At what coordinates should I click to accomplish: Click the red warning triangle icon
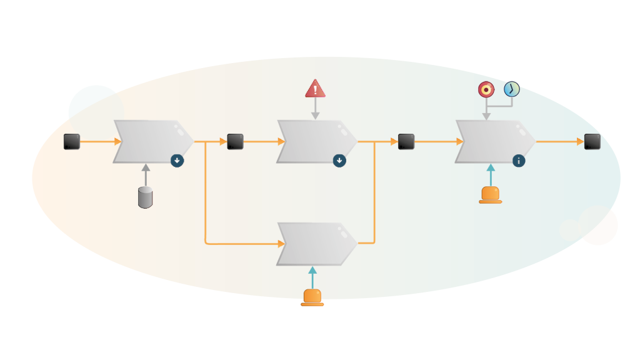tap(315, 89)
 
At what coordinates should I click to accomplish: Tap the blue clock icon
tap(512, 89)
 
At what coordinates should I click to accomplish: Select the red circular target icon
tap(486, 89)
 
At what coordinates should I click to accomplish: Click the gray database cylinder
tap(145, 197)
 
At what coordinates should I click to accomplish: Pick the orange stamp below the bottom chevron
tap(312, 297)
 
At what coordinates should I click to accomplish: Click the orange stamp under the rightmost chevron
tap(491, 194)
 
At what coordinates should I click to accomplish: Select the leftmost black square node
tap(72, 142)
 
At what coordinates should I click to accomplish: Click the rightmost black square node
tap(592, 142)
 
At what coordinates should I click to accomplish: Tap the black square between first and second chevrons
tap(235, 142)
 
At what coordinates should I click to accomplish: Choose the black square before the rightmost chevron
tap(406, 142)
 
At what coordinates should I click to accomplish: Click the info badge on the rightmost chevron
tap(519, 161)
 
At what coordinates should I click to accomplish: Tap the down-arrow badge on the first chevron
tap(177, 161)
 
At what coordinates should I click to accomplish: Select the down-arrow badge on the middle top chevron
tap(339, 161)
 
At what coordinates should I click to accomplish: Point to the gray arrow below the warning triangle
tap(315, 109)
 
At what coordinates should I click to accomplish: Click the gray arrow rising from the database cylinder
tap(146, 175)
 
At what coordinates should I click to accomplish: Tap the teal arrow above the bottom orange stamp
tap(312, 277)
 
